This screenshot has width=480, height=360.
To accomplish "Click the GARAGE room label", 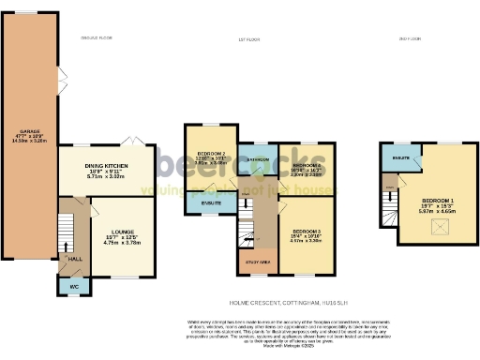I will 27,130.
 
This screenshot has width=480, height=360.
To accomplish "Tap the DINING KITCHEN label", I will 104,166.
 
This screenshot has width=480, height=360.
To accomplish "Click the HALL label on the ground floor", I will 73,259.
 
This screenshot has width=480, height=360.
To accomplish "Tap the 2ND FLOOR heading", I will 408,37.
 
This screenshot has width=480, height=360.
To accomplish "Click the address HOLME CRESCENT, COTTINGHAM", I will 280,303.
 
